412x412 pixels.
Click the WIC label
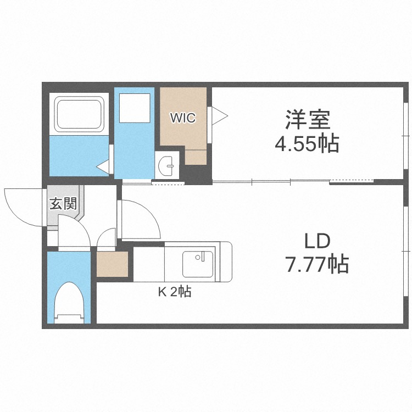coord(182,117)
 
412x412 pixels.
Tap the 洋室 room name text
coord(307,120)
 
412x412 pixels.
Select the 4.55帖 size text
coord(307,144)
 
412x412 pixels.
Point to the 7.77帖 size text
coord(317,265)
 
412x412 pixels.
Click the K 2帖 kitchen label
coord(175,292)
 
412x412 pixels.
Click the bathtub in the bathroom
coord(77,114)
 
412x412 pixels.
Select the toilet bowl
coord(69,302)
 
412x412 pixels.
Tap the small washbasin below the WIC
coord(168,164)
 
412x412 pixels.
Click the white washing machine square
coord(135,108)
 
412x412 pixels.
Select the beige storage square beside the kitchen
coord(112,264)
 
